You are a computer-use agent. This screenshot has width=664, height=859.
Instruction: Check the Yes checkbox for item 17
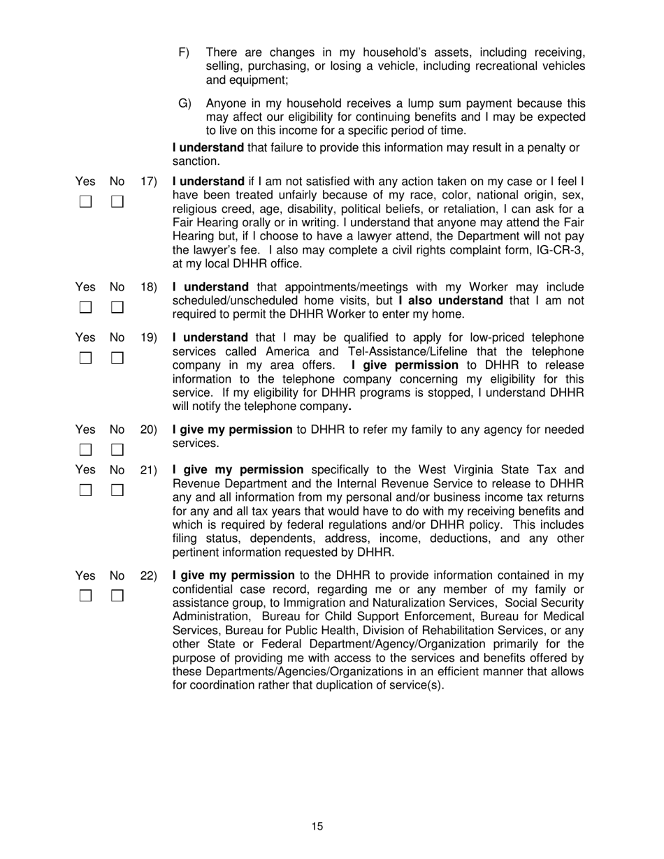tap(85, 202)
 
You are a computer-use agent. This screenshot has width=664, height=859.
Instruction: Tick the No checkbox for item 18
tap(117, 307)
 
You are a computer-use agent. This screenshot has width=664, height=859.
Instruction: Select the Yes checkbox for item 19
tap(85, 358)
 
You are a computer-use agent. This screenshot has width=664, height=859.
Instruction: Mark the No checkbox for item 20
tap(117, 449)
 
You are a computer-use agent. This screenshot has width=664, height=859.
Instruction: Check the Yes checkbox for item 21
tap(85, 490)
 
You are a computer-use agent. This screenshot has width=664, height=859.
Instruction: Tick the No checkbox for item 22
tap(117, 596)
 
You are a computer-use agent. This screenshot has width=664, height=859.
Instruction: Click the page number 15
tap(317, 827)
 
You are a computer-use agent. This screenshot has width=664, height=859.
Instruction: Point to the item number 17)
tap(149, 181)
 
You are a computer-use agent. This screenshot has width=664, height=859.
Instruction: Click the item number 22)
tap(149, 575)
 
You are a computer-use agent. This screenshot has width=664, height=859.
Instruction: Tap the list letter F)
tap(185, 52)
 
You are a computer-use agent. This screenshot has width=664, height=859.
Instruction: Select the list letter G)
tap(185, 103)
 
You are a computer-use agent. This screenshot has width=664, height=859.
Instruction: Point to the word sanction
tap(196, 161)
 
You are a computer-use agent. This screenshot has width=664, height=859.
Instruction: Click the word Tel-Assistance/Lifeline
tap(399, 351)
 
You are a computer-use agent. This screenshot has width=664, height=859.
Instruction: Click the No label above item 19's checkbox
tap(117, 337)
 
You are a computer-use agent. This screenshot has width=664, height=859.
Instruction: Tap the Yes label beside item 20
tap(85, 429)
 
